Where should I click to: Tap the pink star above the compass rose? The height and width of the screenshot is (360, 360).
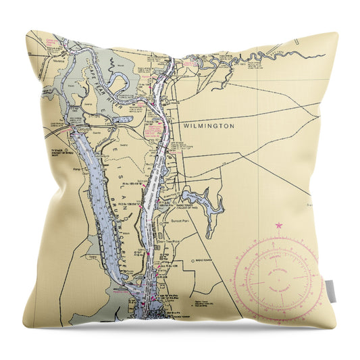[x=278, y=225]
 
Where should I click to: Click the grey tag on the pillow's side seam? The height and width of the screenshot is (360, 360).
[x=330, y=291]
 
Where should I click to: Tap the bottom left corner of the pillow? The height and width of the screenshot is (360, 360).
[x=24, y=327]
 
